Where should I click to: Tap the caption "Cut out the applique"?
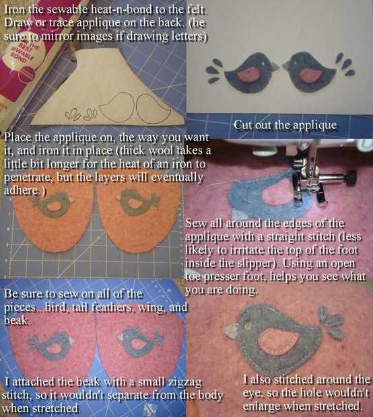(x=285, y=124)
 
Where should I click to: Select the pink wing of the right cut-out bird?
(x=312, y=75)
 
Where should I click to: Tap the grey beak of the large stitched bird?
(x=232, y=331)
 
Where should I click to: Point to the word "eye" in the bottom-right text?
(x=250, y=393)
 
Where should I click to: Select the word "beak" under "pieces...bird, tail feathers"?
(x=16, y=320)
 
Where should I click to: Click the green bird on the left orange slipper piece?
(x=53, y=204)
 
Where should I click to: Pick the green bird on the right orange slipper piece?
(x=138, y=203)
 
